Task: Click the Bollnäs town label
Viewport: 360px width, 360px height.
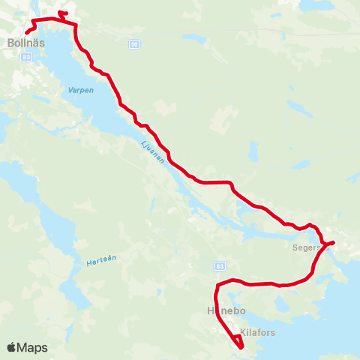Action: pyautogui.click(x=25, y=43)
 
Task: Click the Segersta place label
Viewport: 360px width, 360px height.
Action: pyautogui.click(x=308, y=245)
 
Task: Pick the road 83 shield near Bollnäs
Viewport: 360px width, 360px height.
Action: pyautogui.click(x=26, y=57)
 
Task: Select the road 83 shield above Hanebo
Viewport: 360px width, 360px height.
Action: pyautogui.click(x=219, y=265)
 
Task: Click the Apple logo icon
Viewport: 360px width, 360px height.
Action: pyautogui.click(x=12, y=347)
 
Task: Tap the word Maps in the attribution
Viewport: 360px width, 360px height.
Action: pyautogui.click(x=32, y=348)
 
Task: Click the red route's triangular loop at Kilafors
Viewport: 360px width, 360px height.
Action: pyautogui.click(x=238, y=343)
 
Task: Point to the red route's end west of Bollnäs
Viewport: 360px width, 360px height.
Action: pyautogui.click(x=26, y=32)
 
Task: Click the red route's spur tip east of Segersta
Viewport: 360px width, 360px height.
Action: pyautogui.click(x=334, y=242)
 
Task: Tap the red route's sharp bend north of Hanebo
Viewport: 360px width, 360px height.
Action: pyautogui.click(x=217, y=285)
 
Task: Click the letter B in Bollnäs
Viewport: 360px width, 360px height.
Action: pyautogui.click(x=9, y=43)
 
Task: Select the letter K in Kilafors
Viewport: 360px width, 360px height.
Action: pyautogui.click(x=243, y=331)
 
